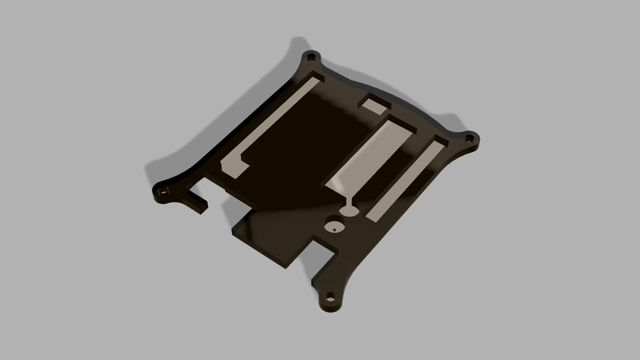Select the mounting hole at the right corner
click(470, 139)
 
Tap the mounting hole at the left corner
click(163, 191)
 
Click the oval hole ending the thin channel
click(349, 211)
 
